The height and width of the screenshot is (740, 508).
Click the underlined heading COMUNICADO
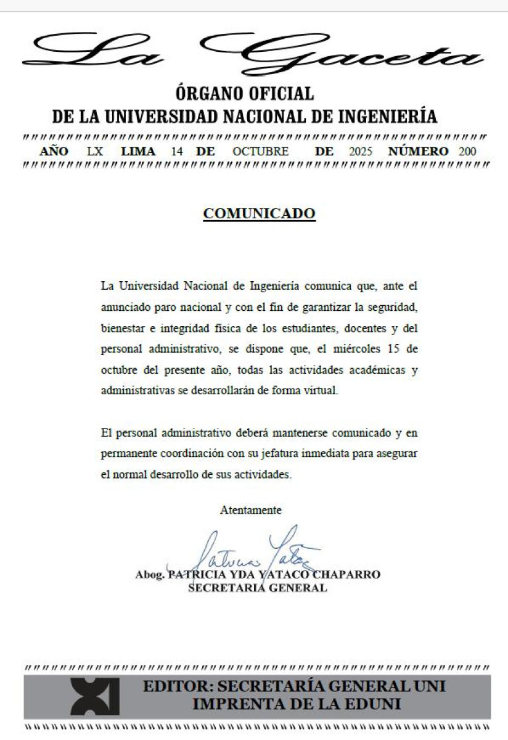(x=259, y=214)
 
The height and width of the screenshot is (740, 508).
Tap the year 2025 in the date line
(x=361, y=152)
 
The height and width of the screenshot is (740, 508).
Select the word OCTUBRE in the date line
(x=261, y=152)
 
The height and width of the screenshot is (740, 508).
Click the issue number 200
(x=467, y=152)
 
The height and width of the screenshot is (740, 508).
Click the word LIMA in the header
(x=138, y=152)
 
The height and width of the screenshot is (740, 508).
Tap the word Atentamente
(x=251, y=511)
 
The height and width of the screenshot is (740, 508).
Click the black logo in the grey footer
(x=94, y=697)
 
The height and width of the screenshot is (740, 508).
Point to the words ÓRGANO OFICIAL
(x=245, y=94)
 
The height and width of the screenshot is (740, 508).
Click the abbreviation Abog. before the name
(x=150, y=575)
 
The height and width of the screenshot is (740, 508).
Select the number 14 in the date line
(x=178, y=152)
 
